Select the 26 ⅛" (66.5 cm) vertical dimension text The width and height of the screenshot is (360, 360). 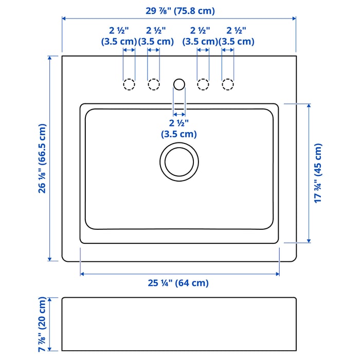[x=42, y=158]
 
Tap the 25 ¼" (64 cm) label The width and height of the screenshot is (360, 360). [x=178, y=283]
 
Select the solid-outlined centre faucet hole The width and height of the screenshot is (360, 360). [x=179, y=83]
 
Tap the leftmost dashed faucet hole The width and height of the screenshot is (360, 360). [x=129, y=84]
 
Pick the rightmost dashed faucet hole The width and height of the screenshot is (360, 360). [x=228, y=84]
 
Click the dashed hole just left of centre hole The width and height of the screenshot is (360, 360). [x=153, y=84]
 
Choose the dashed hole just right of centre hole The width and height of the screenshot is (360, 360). [x=203, y=84]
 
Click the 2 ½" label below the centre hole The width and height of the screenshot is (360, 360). [x=179, y=129]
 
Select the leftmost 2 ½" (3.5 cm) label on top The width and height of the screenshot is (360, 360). [x=119, y=36]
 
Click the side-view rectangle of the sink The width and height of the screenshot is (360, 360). [x=179, y=324]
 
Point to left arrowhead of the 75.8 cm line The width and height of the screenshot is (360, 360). [x=64, y=19]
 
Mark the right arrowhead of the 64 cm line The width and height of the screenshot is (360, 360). [x=277, y=274]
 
